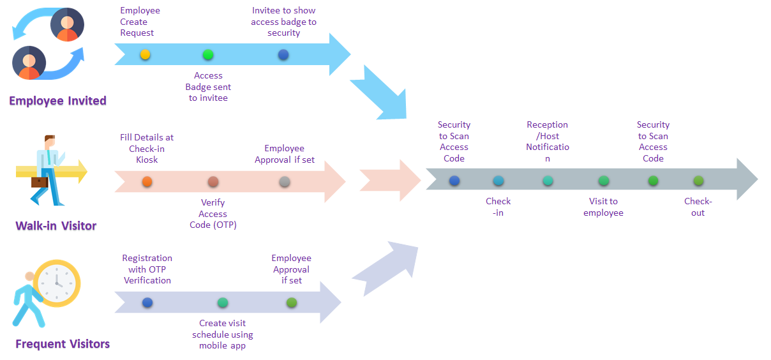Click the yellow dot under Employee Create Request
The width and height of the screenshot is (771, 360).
coord(145,54)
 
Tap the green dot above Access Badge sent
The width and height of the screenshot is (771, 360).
coord(208,54)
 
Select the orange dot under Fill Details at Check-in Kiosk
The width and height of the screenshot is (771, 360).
coord(147,182)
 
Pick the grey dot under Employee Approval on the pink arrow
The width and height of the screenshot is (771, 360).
coord(285,182)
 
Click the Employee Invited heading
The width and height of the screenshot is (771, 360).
coord(57,101)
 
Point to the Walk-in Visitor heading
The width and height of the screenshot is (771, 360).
coord(56,225)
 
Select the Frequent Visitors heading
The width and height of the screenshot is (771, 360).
coord(63,344)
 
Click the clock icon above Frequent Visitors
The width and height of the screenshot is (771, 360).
coord(57,283)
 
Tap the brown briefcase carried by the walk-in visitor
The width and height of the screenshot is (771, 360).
coord(40,183)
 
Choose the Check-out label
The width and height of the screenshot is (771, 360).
coord(698,207)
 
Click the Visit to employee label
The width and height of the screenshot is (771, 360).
coord(603,207)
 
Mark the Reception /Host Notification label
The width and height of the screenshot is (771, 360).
coord(548,142)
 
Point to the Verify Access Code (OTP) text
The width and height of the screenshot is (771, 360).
coord(213,214)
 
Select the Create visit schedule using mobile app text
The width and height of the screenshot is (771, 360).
coord(222,334)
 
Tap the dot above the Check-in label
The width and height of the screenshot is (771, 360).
coord(498,181)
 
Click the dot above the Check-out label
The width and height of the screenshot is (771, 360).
coord(698,181)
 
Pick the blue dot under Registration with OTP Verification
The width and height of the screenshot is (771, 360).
coord(147,303)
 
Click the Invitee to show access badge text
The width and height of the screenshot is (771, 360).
coord(284,22)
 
